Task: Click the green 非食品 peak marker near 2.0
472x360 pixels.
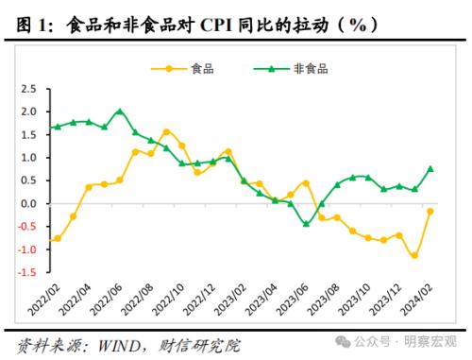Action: click(x=120, y=111)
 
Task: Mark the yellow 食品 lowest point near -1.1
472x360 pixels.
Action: click(x=414, y=255)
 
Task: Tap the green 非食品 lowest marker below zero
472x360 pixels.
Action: click(x=306, y=224)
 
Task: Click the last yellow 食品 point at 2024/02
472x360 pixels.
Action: click(x=430, y=212)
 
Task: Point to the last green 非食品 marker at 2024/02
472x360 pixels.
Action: click(x=430, y=169)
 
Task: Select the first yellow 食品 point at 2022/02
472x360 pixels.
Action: click(x=58, y=238)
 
